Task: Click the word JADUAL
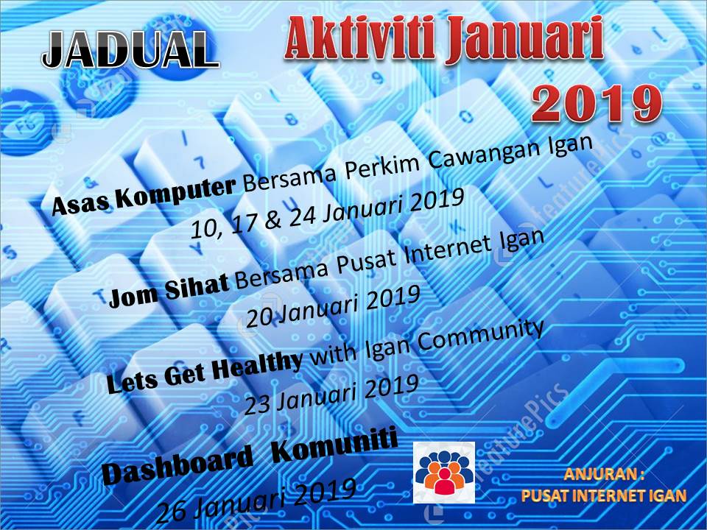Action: click(131, 50)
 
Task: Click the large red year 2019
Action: click(597, 103)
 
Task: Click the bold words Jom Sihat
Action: click(169, 294)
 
